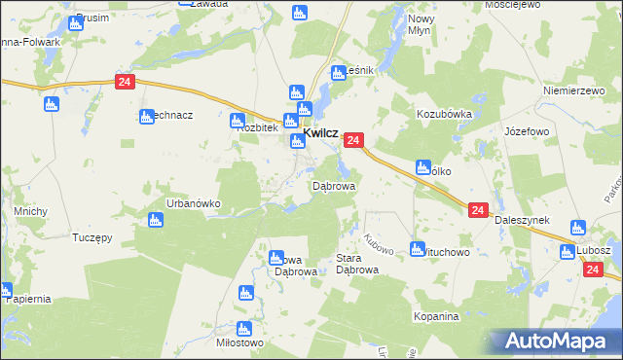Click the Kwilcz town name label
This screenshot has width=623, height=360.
(321, 133)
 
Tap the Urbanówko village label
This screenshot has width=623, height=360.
(194, 203)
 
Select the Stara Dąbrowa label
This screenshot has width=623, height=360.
(356, 265)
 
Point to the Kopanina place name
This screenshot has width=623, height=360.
(434, 317)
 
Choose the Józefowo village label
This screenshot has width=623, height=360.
(528, 129)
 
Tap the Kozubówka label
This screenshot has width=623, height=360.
(444, 114)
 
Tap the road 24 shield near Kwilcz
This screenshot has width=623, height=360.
(353, 141)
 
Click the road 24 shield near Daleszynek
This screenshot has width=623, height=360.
(477, 210)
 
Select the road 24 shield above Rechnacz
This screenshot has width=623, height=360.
(124, 83)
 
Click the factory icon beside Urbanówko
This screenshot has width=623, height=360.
(154, 220)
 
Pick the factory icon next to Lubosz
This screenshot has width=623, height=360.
(568, 252)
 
